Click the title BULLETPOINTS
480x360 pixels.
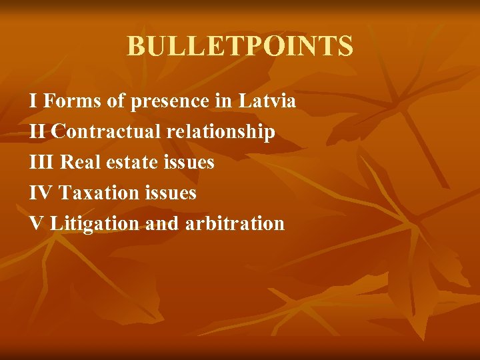(240, 46)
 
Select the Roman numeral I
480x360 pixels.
(33, 101)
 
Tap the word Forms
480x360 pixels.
(72, 101)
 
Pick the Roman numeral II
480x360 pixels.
(37, 132)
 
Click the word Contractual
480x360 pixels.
(105, 132)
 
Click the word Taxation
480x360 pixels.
(99, 193)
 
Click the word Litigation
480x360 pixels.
(95, 223)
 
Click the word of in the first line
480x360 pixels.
(117, 101)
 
